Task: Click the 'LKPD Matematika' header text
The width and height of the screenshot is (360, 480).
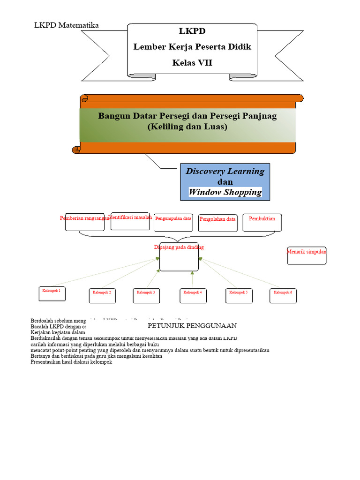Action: (67, 25)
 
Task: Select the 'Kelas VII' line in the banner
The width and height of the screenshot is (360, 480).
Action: (192, 62)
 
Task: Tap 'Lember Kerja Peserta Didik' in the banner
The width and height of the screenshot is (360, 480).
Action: (192, 47)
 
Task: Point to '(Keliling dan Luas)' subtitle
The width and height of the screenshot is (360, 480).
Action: (187, 127)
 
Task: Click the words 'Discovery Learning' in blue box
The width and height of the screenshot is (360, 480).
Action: (225, 171)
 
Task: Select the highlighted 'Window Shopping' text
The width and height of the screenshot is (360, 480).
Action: (225, 192)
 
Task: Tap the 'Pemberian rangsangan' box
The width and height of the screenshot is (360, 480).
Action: (84, 222)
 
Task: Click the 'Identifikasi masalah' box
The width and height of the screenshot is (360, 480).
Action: (130, 221)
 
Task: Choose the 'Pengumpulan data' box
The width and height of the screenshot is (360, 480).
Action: (173, 222)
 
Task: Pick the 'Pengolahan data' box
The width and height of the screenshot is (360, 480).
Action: (217, 223)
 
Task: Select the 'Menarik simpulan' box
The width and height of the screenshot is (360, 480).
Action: (307, 255)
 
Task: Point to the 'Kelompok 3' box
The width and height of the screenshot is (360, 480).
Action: (146, 295)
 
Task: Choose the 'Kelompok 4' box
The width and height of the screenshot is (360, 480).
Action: (193, 295)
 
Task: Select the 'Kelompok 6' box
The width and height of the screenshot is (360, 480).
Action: (283, 295)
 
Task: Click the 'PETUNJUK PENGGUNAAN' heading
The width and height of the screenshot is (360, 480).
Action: (192, 325)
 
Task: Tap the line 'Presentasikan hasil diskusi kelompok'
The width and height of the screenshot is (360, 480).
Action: (71, 362)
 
